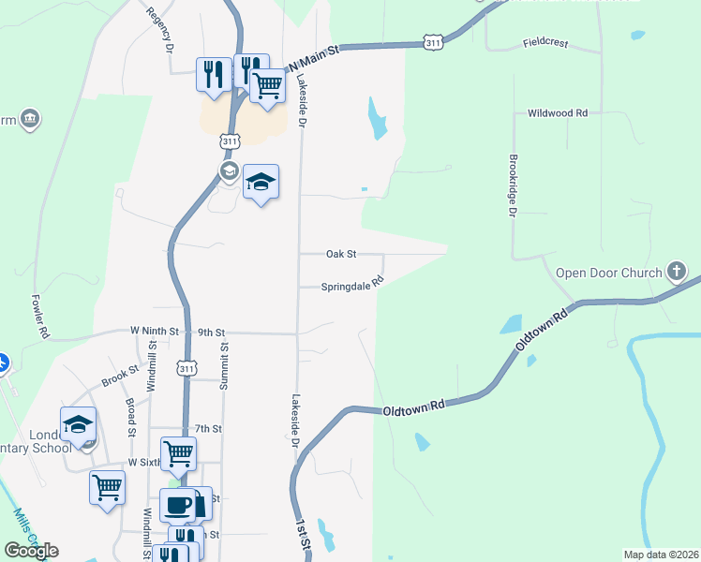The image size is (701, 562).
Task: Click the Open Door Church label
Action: pyautogui.click(x=609, y=274)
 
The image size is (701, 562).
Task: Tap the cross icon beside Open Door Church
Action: pyautogui.click(x=677, y=273)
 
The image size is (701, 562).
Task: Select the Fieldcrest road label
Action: pyautogui.click(x=546, y=42)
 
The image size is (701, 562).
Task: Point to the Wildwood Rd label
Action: pyautogui.click(x=557, y=112)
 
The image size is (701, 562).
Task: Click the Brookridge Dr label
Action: pyautogui.click(x=513, y=186)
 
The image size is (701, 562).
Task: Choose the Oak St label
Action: pyautogui.click(x=341, y=254)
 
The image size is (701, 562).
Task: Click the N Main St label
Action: pyautogui.click(x=313, y=58)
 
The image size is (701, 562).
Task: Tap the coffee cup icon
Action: pyautogui.click(x=177, y=506)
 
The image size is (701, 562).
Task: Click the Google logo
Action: pyautogui.click(x=31, y=551)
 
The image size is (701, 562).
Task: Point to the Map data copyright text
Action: pyautogui.click(x=660, y=555)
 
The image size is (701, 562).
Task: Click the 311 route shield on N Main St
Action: pyautogui.click(x=432, y=43)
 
